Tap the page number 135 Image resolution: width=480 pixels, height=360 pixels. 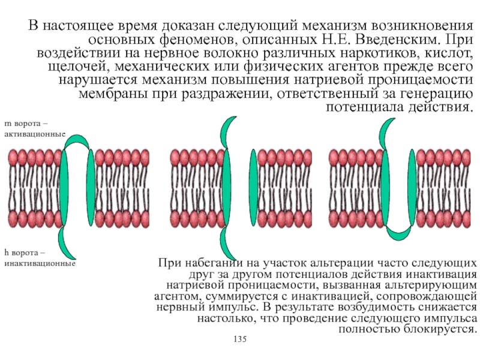(x=240, y=340)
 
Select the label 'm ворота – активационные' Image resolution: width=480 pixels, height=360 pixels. (x=34, y=128)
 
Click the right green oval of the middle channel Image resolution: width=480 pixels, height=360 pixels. (x=253, y=186)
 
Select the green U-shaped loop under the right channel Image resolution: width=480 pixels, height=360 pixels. (x=402, y=230)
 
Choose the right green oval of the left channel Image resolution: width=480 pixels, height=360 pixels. (x=91, y=186)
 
